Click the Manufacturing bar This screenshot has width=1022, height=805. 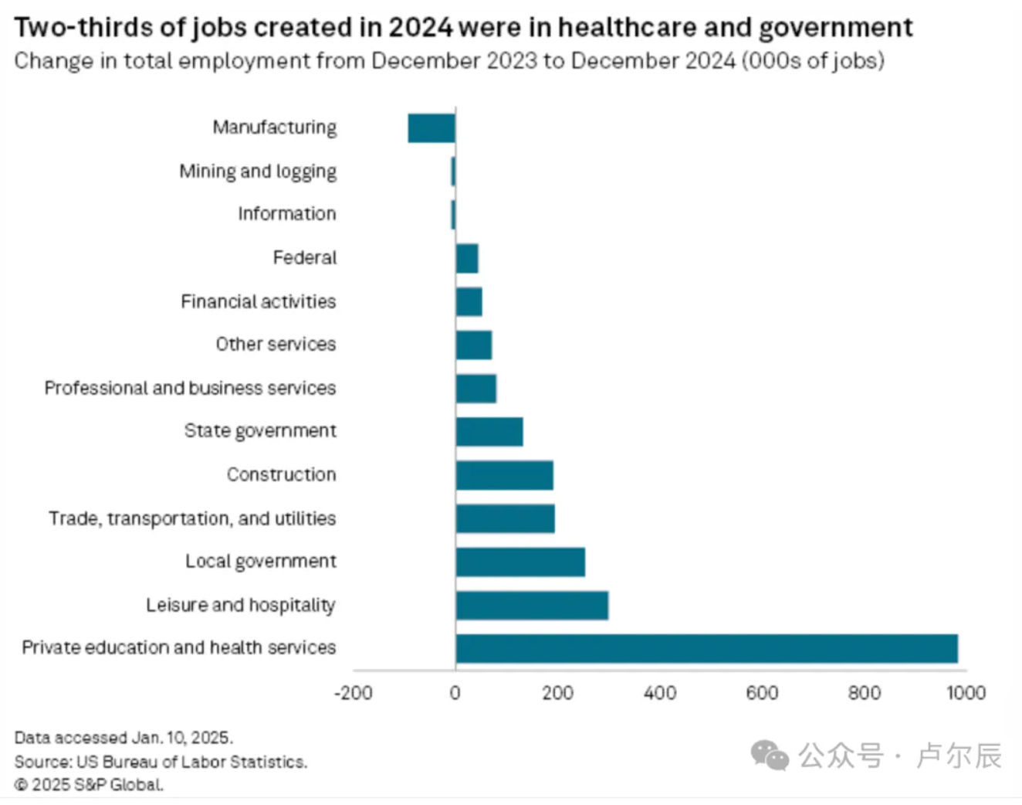tap(431, 128)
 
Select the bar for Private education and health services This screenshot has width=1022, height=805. tap(706, 649)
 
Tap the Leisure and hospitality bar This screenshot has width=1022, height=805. tap(532, 606)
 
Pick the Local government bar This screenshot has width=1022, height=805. tap(520, 562)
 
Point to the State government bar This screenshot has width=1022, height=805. tap(489, 432)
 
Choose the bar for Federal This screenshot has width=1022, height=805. tap(467, 259)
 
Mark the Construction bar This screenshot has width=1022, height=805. tap(504, 475)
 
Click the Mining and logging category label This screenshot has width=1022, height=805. tap(258, 171)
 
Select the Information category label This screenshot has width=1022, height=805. tap(286, 214)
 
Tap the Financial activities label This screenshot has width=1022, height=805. tap(258, 301)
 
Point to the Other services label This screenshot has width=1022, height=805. tap(276, 345)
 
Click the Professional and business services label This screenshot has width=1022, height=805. tap(190, 388)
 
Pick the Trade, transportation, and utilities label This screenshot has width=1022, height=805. tap(192, 518)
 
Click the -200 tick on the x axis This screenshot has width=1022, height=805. tap(353, 693)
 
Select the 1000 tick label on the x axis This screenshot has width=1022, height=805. tap(966, 693)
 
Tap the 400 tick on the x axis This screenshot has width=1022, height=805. tap(660, 693)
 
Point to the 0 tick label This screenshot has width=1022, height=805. tap(455, 693)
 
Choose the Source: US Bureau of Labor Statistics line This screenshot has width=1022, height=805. tap(161, 762)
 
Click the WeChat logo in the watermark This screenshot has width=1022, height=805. tap(770, 756)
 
